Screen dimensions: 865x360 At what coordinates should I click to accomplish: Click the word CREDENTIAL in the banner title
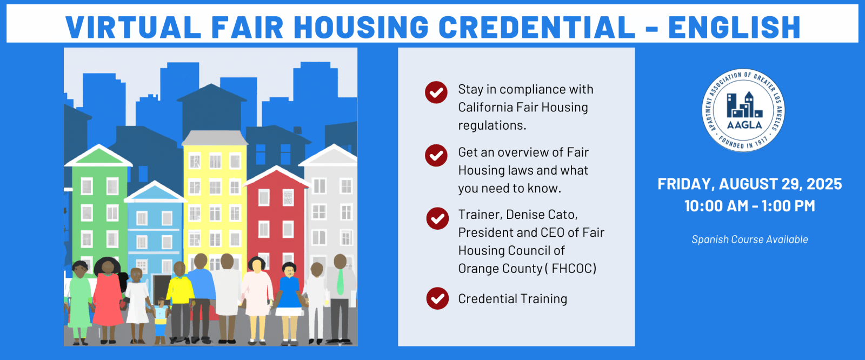click(x=537, y=27)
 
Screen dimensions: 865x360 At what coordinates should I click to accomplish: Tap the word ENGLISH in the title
click(x=735, y=27)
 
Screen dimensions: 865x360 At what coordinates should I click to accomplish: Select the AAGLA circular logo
click(x=743, y=110)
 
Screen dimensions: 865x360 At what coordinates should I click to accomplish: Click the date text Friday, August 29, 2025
click(x=749, y=184)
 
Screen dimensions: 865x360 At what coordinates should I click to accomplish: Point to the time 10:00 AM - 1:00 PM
click(x=749, y=206)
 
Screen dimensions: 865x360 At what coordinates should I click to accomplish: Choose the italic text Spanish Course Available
click(x=749, y=239)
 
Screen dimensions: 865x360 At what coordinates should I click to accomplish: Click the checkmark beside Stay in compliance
click(x=436, y=92)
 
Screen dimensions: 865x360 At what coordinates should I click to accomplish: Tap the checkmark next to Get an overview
click(x=436, y=155)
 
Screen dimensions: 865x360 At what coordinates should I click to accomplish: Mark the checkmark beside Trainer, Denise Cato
click(x=437, y=218)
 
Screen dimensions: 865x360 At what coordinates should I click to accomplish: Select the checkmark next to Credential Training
click(x=437, y=298)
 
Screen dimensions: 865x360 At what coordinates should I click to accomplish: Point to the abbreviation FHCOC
click(x=574, y=269)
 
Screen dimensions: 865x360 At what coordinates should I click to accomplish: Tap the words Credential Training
click(x=513, y=299)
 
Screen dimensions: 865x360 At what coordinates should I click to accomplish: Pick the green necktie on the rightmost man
click(x=340, y=282)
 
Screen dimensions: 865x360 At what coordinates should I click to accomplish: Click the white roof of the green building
click(x=98, y=156)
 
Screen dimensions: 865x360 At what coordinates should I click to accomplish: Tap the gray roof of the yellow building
click(x=215, y=138)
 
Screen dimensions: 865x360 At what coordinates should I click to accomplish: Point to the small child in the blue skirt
click(x=160, y=321)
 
